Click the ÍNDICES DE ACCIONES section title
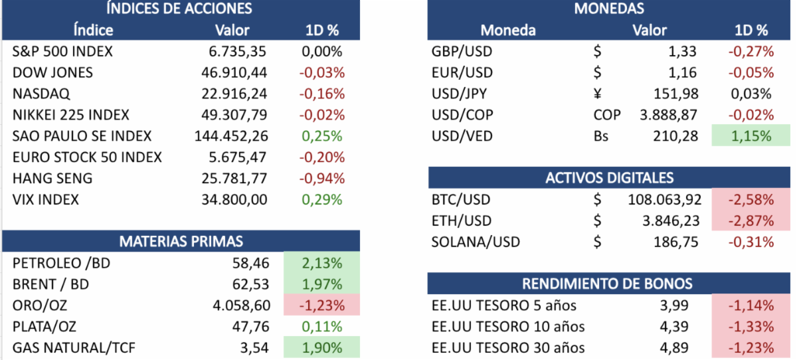pos(180,9)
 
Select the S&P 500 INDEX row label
pos(62,51)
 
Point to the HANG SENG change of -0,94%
pos(322,178)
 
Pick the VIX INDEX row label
pos(45,199)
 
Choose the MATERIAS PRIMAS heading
pos(181,241)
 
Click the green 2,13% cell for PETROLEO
pos(321,263)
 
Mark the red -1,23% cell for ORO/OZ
pos(321,306)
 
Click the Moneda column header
pos(507,30)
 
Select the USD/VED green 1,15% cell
pos(751,136)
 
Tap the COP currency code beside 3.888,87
pos(607,115)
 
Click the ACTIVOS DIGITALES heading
pos(609,178)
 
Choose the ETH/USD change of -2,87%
pos(751,221)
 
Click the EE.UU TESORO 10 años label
pos(508,327)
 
